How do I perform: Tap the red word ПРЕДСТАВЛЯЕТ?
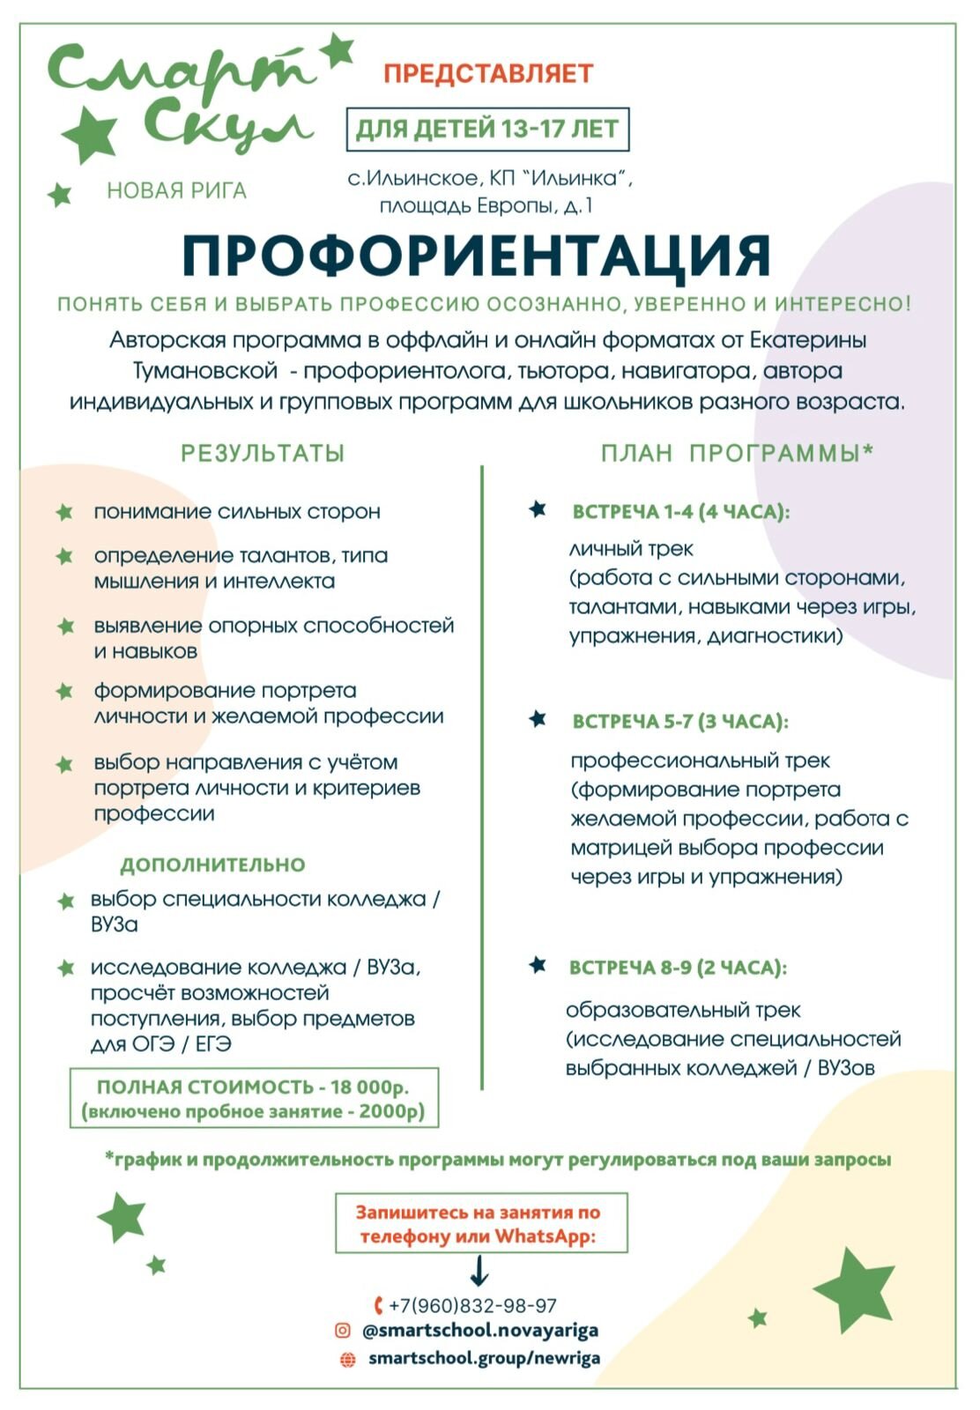(488, 73)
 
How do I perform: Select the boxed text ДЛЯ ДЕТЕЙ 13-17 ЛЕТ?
(487, 130)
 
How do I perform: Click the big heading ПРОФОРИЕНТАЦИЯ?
(476, 256)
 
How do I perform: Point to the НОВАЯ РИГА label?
(176, 190)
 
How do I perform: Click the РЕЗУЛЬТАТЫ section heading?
(263, 453)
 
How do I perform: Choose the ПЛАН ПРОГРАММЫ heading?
(737, 453)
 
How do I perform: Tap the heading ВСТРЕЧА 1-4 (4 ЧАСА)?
(681, 512)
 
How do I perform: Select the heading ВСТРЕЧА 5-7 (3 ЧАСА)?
(680, 722)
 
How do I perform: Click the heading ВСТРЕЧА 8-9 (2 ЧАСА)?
(678, 968)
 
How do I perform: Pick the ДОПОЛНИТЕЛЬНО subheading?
(212, 865)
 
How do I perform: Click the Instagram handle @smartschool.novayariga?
(480, 1331)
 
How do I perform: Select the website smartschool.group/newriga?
(484, 1358)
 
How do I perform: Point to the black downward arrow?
(479, 1270)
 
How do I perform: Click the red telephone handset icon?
(378, 1306)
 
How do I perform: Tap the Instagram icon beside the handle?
(343, 1331)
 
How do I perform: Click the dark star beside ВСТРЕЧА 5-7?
(538, 719)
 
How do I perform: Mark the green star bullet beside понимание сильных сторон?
(64, 512)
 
